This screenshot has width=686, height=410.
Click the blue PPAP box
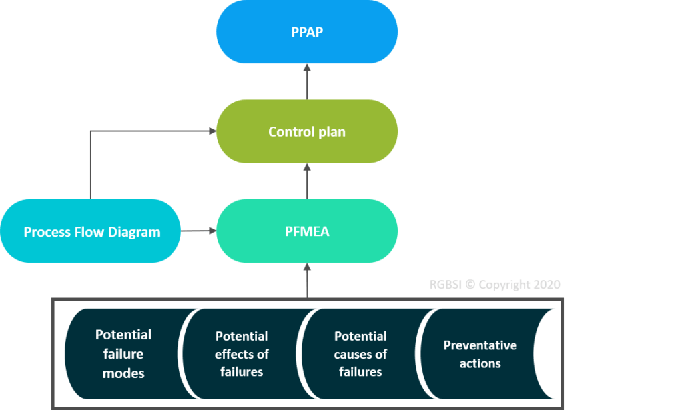[x=307, y=32]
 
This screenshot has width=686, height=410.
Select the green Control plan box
[x=307, y=131]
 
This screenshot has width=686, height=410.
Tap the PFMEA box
[x=307, y=231]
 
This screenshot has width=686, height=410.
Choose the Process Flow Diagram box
[x=91, y=231]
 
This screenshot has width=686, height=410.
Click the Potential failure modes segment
[x=123, y=354]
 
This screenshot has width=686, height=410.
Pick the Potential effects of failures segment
[x=242, y=354]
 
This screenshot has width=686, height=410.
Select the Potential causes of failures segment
[x=360, y=354]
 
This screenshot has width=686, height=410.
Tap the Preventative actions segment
[x=480, y=354]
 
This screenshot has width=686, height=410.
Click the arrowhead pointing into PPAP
[x=307, y=68]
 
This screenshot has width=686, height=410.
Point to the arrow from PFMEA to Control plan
[x=307, y=181]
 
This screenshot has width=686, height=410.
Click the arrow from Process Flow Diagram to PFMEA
[x=198, y=231]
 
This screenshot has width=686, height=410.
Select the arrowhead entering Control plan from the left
[x=212, y=131]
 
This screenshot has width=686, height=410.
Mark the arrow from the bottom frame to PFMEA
[x=307, y=280]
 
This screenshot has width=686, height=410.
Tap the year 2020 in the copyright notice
[x=545, y=285]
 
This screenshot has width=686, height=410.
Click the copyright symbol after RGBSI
[x=470, y=285]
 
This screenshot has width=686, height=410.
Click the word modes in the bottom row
[x=123, y=373]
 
